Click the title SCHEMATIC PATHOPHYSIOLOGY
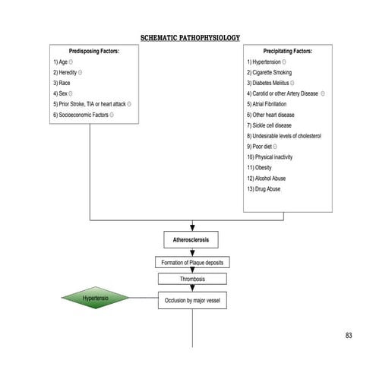click(191, 37)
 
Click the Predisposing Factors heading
click(90, 51)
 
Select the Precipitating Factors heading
click(287, 51)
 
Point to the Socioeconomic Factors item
click(83, 115)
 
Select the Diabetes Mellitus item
click(270, 83)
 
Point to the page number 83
click(349, 336)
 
